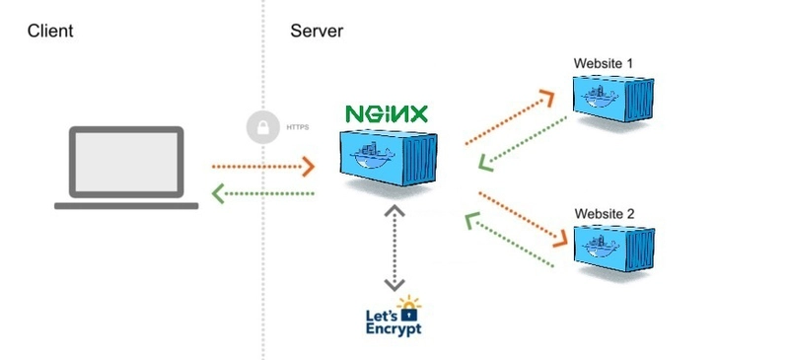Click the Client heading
click(x=50, y=32)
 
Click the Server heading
click(x=317, y=32)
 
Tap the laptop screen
click(x=125, y=163)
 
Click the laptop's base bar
click(x=125, y=205)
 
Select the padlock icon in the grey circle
click(x=262, y=127)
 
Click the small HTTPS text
click(x=297, y=127)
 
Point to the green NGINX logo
click(x=386, y=113)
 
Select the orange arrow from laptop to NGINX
click(x=262, y=167)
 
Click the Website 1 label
click(x=604, y=64)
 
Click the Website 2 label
click(x=605, y=213)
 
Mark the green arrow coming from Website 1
click(x=524, y=143)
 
